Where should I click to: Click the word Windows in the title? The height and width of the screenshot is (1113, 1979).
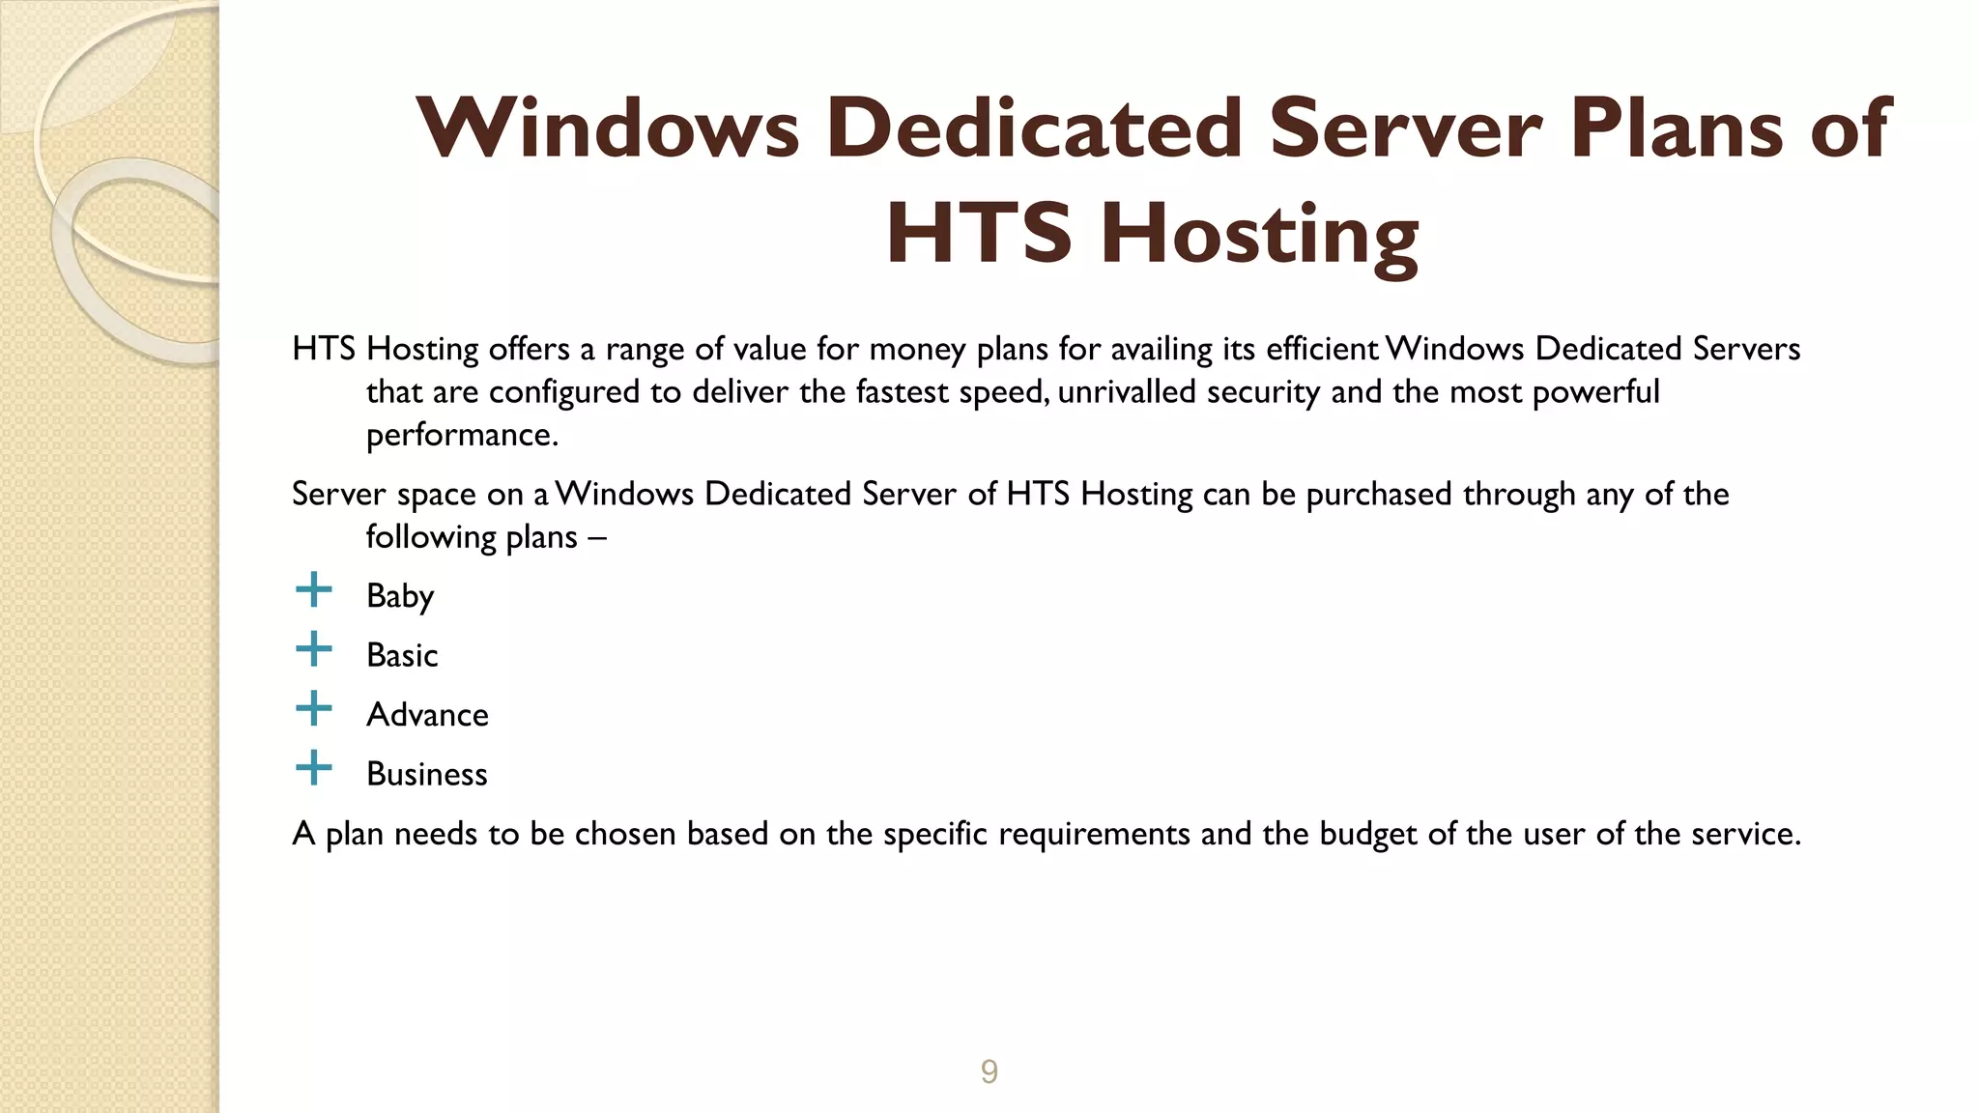[608, 128]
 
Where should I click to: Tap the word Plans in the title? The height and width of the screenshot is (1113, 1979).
[1676, 128]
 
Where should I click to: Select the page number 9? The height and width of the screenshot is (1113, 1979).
[989, 1071]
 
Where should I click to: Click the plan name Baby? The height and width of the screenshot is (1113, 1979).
[400, 596]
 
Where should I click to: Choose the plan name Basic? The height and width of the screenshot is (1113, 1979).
[402, 655]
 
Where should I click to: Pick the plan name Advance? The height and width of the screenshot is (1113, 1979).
[427, 715]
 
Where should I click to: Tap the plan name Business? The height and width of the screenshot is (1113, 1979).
[427, 774]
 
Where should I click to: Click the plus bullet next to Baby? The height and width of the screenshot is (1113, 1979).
[313, 589]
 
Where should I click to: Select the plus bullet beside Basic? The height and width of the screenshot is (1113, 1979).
[313, 649]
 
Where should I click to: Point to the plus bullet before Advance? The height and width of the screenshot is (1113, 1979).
[313, 709]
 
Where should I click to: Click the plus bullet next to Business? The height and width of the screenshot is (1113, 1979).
[313, 769]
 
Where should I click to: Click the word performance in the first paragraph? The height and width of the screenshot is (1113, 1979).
[462, 436]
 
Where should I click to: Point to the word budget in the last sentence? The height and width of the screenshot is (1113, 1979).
[1368, 834]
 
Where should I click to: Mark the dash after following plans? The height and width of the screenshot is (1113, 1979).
[597, 537]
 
